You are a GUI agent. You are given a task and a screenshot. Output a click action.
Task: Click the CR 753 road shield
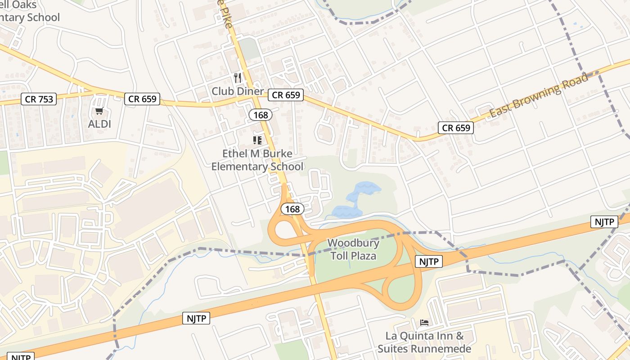[38, 99]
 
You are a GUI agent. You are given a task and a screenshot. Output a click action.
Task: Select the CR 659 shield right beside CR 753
[142, 99]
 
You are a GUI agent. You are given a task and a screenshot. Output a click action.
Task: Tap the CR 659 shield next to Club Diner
[286, 95]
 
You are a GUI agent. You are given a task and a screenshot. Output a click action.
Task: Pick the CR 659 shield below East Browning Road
[456, 128]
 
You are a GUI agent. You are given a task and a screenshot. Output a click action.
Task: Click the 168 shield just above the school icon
[261, 115]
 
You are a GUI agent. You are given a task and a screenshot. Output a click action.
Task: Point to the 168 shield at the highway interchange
[292, 209]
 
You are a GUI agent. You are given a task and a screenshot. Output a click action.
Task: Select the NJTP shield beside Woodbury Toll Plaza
[428, 261]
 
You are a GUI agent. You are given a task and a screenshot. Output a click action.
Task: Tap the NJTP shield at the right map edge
[604, 221]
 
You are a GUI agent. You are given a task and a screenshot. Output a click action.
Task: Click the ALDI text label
[99, 124]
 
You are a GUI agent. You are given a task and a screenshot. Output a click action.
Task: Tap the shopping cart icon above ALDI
[99, 111]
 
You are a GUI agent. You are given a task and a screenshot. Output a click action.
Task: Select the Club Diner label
[238, 91]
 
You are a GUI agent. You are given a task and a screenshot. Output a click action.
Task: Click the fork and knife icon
[238, 78]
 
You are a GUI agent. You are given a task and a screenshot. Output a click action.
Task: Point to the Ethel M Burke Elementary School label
[257, 160]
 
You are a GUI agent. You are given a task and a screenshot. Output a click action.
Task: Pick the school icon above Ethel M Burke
[257, 140]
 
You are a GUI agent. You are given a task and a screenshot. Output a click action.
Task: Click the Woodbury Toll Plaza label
[353, 249]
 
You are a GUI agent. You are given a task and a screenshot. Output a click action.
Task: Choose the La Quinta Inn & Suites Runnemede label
[424, 342]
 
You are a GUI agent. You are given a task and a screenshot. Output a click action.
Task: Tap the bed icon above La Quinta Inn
[424, 322]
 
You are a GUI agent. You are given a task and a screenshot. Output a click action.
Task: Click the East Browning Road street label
[539, 95]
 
